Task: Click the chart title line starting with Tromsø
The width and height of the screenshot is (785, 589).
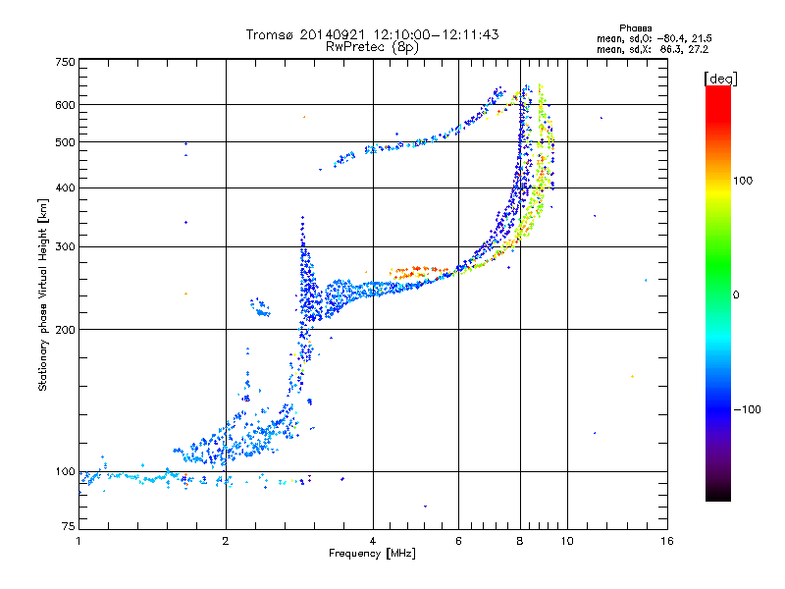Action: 373,34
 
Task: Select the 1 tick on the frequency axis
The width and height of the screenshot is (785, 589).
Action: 78,541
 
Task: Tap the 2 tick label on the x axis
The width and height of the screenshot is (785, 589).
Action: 226,541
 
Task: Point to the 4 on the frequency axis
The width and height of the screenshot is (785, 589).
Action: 373,541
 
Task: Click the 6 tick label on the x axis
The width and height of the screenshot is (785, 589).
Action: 459,541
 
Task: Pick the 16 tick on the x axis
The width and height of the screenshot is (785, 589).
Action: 666,541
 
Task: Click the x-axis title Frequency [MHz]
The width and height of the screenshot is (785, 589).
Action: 372,554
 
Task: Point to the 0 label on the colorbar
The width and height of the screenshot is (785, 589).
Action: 737,294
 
